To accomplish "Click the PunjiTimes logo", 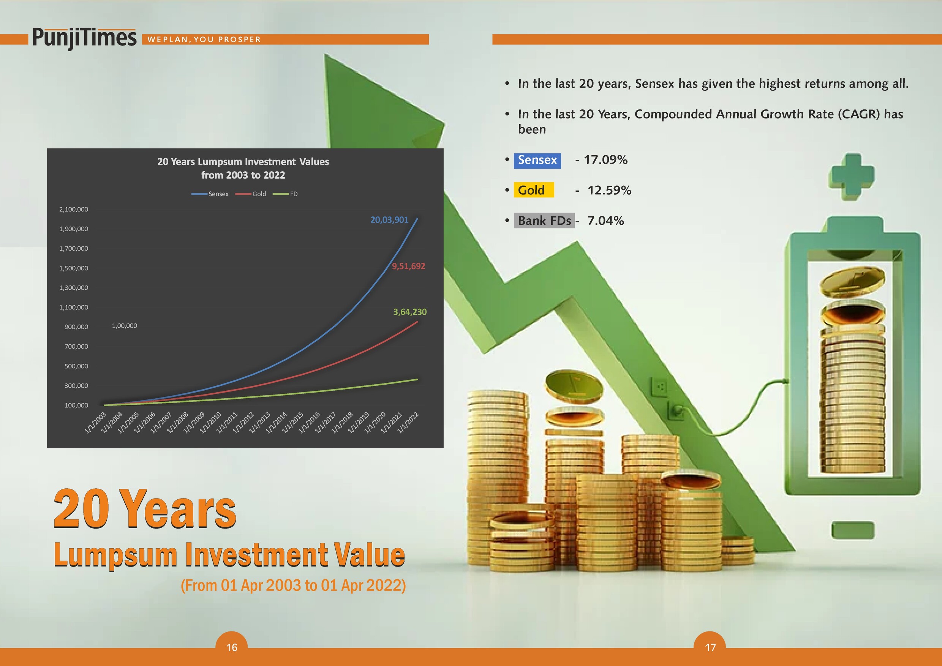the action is tap(84, 38).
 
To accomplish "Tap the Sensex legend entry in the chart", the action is tap(210, 194).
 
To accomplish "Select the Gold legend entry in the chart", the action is tap(251, 194).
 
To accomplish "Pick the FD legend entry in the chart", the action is tap(285, 194).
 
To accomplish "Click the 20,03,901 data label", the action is tap(389, 220).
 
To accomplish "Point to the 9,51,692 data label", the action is tap(408, 266).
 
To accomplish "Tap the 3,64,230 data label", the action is tap(410, 312).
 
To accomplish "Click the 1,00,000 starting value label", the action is tap(124, 326).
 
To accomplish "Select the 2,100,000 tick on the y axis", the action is tap(73, 209).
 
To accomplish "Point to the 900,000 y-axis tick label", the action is tap(76, 327).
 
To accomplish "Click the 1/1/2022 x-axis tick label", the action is tap(408, 422).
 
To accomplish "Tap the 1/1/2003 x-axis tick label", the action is tap(95, 422).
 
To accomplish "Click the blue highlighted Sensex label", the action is tap(537, 160).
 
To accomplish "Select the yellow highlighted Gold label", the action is tap(534, 190).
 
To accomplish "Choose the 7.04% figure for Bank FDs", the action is tap(605, 221).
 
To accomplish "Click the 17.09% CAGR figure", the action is tap(605, 160).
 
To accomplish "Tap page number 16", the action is tap(232, 647).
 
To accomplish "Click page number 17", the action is tap(710, 647).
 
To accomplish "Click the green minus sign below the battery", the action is tap(853, 530).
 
